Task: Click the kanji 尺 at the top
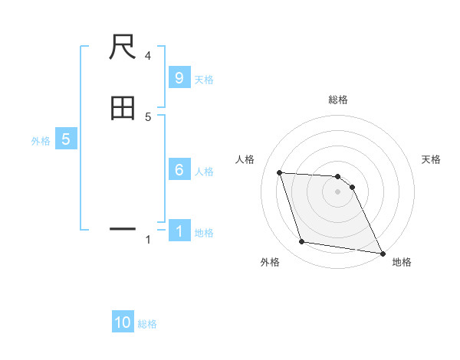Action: [x=123, y=48]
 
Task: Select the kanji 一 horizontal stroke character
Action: [x=123, y=228]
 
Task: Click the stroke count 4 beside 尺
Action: [x=148, y=55]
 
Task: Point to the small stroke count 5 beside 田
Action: [x=148, y=116]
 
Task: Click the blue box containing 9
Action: [x=179, y=78]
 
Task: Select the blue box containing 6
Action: [x=179, y=170]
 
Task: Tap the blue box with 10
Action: [x=123, y=322]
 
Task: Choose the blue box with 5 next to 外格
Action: [x=66, y=139]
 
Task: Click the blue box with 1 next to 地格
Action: [x=179, y=231]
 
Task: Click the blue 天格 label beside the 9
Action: [x=204, y=79]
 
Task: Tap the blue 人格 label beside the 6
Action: [x=204, y=171]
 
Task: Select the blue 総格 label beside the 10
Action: [x=147, y=323]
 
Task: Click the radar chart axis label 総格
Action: [x=338, y=100]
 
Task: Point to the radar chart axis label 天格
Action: [x=431, y=159]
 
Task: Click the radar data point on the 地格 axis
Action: [x=382, y=253]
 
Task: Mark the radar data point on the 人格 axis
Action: [x=280, y=172]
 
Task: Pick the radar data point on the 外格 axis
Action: [x=302, y=242]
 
